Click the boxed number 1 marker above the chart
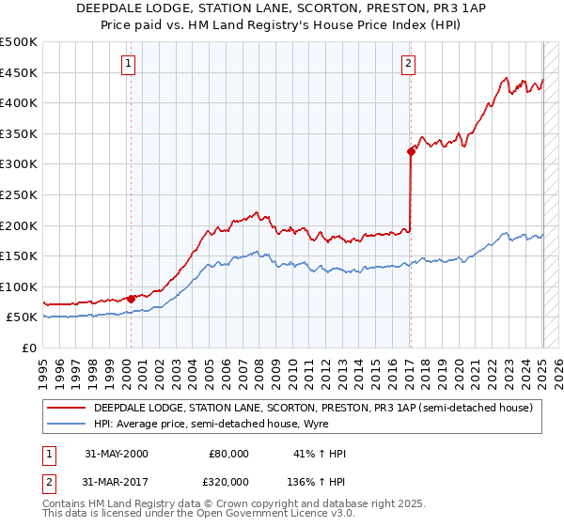[x=127, y=64]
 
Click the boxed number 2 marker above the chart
[x=409, y=64]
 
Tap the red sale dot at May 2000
[x=131, y=299]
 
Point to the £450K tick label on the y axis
[x=19, y=72]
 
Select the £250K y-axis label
[x=19, y=194]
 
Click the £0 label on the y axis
[x=29, y=348]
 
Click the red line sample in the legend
[x=65, y=408]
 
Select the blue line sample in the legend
[x=65, y=424]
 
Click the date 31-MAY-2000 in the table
[x=116, y=454]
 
